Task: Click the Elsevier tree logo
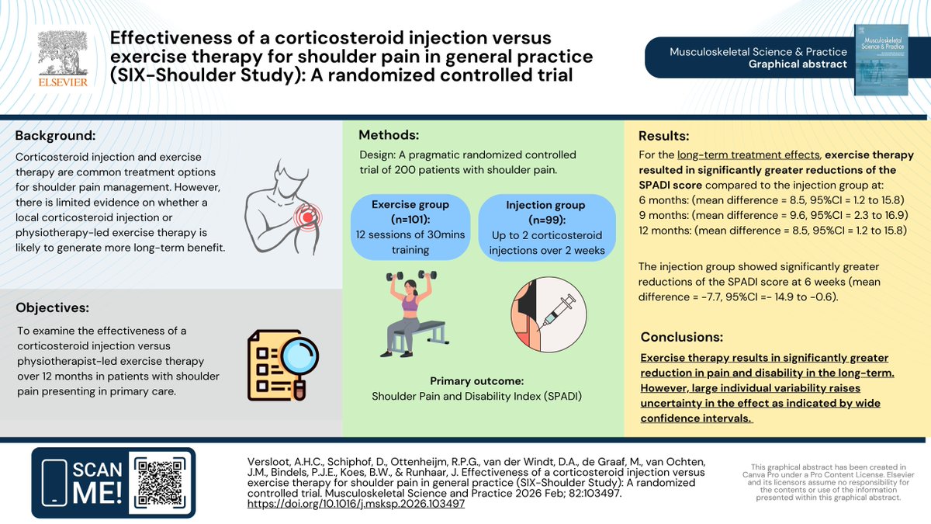65,50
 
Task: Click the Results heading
663,136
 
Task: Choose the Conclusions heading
682,338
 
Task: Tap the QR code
161,483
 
